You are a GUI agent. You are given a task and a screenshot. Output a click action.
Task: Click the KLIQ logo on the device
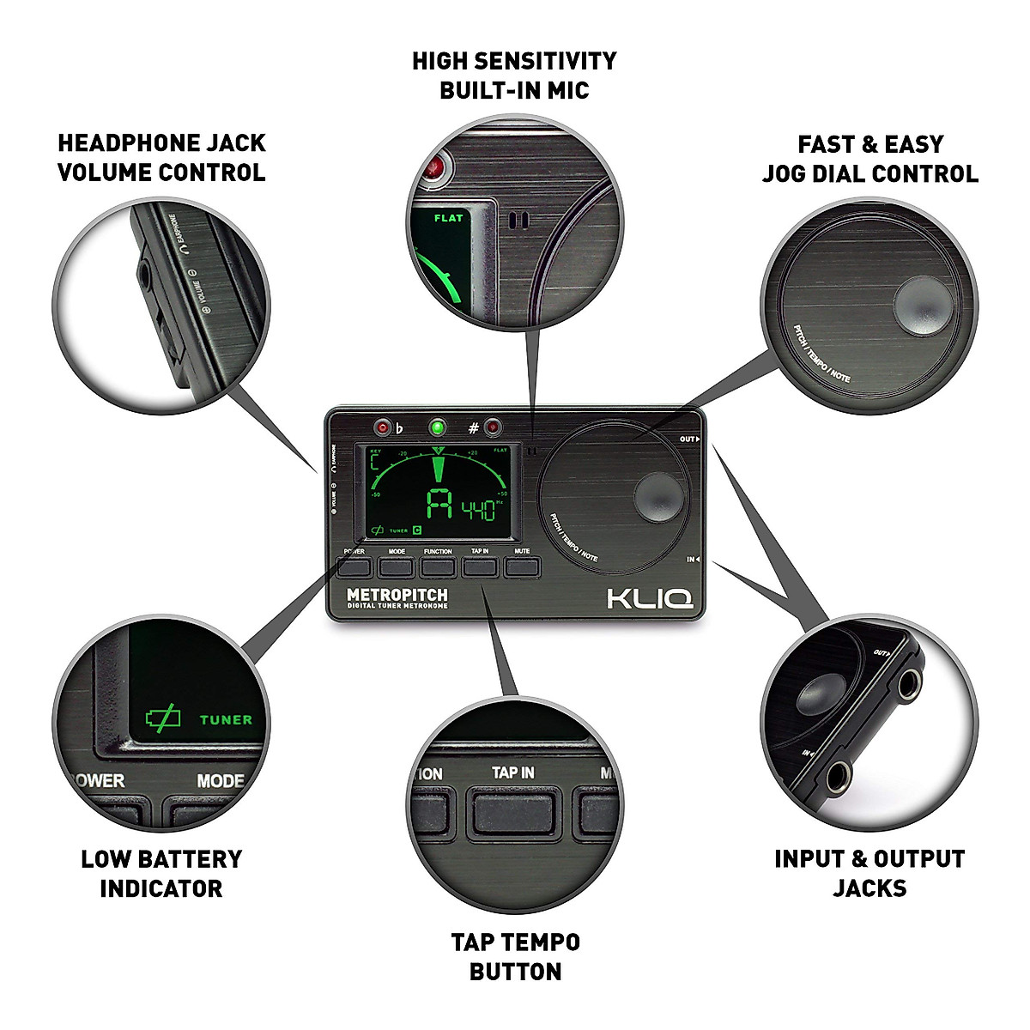click(x=650, y=597)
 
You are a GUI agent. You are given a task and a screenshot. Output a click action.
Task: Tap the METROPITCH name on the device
click(x=397, y=595)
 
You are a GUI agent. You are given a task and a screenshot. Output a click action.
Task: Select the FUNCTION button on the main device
click(x=438, y=567)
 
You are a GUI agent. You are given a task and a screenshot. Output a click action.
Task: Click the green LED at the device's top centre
click(x=439, y=427)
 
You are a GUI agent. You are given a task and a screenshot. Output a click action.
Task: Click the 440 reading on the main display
click(x=478, y=511)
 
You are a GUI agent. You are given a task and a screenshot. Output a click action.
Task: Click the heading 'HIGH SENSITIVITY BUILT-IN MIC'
click(x=514, y=76)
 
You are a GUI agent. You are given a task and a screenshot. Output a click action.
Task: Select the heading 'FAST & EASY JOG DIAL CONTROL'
click(x=869, y=159)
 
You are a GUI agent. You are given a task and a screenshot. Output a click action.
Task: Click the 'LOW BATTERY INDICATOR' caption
click(x=161, y=873)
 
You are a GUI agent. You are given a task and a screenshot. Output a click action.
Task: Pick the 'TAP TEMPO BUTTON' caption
click(x=515, y=956)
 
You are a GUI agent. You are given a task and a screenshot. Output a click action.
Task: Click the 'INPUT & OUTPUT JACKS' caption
click(x=869, y=873)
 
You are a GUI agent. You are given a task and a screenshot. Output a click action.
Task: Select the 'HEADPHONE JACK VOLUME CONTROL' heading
click(x=161, y=158)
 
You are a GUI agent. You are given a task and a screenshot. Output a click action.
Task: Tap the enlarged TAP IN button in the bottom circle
click(x=512, y=810)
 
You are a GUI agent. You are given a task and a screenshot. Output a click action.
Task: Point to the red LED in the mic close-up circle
click(x=439, y=167)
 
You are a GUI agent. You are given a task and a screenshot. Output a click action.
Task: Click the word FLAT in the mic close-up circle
click(x=448, y=218)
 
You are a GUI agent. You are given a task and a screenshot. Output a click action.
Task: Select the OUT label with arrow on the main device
click(x=689, y=439)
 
